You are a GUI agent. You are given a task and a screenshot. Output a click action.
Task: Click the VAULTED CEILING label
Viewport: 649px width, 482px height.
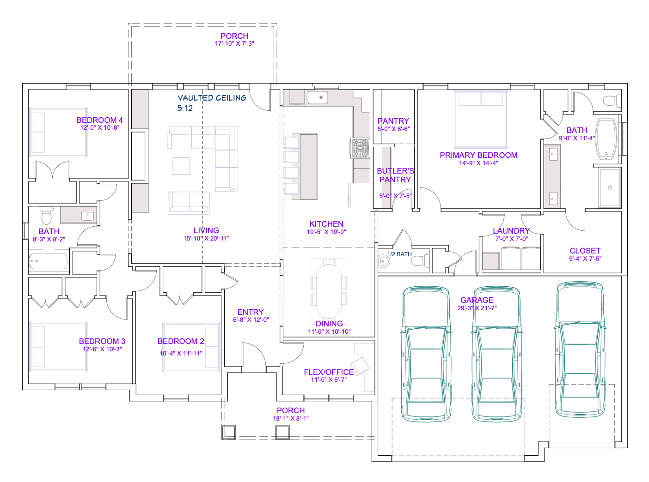click(x=212, y=98)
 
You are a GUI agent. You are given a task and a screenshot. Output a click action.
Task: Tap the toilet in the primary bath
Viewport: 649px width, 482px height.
click(x=612, y=100)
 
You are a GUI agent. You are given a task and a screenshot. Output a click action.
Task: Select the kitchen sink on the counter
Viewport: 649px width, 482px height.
click(x=318, y=97)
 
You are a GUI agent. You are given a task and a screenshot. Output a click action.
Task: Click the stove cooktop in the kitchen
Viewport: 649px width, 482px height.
click(x=360, y=148)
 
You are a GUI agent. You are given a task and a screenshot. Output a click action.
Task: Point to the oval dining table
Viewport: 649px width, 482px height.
click(x=329, y=291)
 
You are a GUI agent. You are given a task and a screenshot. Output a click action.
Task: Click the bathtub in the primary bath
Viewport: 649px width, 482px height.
click(x=606, y=139)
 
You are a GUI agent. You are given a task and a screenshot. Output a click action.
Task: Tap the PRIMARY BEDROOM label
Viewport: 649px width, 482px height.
click(x=478, y=155)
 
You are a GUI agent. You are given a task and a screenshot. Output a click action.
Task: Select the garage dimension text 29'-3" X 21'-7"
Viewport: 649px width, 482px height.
click(x=477, y=308)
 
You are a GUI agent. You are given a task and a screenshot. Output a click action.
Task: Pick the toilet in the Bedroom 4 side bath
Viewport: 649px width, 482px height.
click(x=47, y=216)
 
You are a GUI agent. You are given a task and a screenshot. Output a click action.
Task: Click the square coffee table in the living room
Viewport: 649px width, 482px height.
click(x=181, y=166)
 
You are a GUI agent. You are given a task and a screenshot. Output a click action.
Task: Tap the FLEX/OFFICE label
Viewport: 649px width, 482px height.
click(x=329, y=372)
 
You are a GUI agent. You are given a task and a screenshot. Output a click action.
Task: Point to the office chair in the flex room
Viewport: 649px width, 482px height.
click(x=359, y=365)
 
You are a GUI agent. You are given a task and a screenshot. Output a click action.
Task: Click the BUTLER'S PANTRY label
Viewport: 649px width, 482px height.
click(x=395, y=175)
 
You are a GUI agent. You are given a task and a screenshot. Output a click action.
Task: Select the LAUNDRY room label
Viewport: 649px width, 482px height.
click(x=511, y=231)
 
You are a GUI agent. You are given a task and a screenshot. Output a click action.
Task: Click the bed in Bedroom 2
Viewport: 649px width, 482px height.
click(x=191, y=347)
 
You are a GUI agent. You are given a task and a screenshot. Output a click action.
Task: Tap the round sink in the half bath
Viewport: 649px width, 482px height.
click(x=383, y=261)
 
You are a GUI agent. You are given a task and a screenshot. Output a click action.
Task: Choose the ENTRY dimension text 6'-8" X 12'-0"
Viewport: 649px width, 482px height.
click(x=251, y=319)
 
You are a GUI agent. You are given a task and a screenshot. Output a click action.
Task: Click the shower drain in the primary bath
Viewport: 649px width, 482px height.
click(x=610, y=187)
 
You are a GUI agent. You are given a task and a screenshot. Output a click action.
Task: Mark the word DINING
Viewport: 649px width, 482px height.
click(x=329, y=324)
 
